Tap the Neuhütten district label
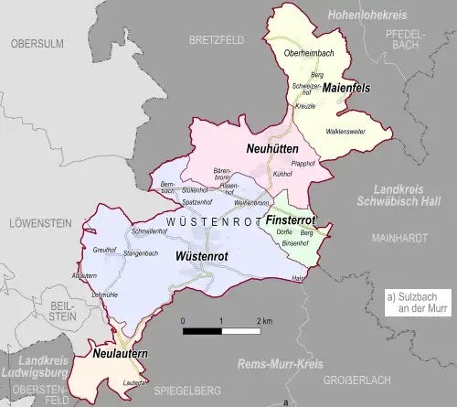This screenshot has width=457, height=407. (x=270, y=147)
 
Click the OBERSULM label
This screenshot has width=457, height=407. (x=36, y=43)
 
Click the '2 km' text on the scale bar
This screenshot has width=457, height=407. (x=265, y=321)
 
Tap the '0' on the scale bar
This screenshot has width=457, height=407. (x=183, y=321)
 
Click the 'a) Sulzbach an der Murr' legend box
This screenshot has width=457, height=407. (x=414, y=302)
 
